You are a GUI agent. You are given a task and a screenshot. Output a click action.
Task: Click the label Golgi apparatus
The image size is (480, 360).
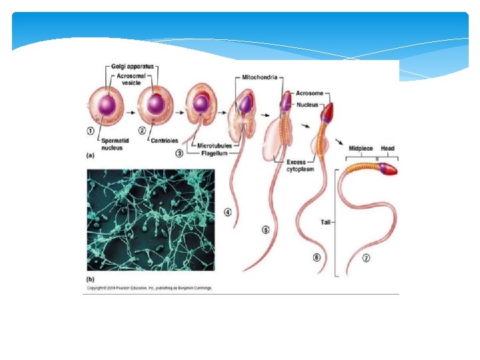132,66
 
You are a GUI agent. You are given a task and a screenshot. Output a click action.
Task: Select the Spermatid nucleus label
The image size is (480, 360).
114,144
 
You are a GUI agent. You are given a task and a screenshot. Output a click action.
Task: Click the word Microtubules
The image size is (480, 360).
215,145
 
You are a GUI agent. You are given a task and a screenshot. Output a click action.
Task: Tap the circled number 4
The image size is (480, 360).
228,212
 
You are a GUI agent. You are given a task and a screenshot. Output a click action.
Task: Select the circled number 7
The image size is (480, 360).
366,259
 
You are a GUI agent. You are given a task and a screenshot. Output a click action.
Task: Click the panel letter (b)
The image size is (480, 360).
91,279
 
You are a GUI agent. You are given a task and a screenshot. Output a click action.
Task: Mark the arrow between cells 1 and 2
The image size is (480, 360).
131,105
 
